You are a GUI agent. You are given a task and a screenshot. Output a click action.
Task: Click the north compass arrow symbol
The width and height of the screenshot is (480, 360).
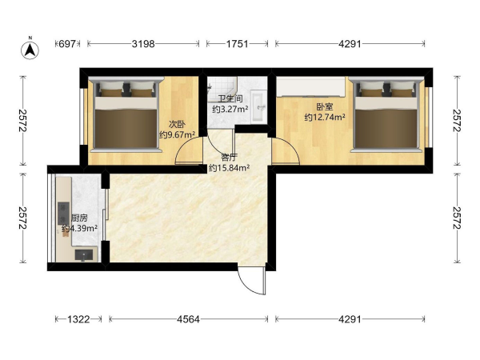[x=30, y=49]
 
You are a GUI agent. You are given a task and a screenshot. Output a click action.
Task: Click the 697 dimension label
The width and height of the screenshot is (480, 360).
[x=67, y=44]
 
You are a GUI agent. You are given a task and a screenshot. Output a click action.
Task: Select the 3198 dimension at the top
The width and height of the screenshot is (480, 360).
[x=143, y=44]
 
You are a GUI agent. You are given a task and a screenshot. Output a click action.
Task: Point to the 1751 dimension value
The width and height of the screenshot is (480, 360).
[x=238, y=44]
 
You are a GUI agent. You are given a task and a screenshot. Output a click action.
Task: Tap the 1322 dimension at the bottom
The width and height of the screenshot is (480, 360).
[x=78, y=319]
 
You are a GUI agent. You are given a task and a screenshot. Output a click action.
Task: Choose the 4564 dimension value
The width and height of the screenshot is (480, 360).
[x=188, y=319]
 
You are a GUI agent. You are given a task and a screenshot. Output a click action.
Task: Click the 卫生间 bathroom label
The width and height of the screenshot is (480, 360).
[x=230, y=99]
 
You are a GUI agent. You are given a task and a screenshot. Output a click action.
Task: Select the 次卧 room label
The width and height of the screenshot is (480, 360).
[x=178, y=125]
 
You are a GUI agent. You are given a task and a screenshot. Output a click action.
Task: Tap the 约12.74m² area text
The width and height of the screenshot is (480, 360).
[x=325, y=118]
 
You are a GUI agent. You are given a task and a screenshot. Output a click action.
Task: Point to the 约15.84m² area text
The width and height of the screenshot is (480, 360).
[x=230, y=168]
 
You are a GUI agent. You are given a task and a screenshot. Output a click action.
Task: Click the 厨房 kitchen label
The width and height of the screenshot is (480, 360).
[x=79, y=218]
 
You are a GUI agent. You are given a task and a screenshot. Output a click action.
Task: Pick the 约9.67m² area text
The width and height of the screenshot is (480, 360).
[x=178, y=134]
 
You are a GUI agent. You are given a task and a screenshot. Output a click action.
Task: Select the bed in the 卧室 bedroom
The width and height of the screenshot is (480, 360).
[x=386, y=114]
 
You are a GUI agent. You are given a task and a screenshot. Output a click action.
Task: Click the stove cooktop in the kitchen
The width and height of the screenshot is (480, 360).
[x=64, y=214]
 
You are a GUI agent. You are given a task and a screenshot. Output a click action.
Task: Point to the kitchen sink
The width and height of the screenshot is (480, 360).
[x=84, y=255]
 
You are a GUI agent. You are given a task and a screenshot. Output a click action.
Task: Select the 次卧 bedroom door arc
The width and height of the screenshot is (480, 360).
[x=187, y=149]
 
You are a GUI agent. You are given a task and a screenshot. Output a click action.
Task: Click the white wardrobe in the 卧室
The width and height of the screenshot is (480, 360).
[x=311, y=86]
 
